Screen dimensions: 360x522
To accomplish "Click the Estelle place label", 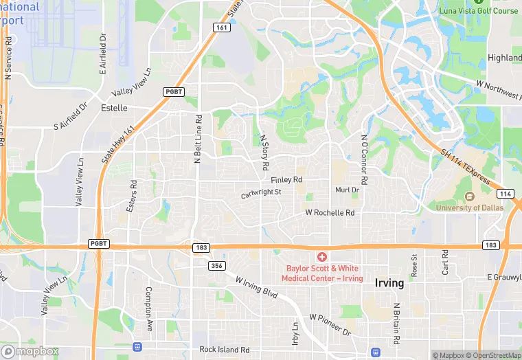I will point(114,108).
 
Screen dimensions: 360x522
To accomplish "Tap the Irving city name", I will point(389,283).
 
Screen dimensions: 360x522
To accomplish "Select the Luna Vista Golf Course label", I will point(479,11).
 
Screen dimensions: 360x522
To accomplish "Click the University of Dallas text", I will point(475,207).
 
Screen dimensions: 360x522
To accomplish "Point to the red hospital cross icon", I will point(322,256).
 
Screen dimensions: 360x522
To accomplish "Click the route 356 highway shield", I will point(218,265).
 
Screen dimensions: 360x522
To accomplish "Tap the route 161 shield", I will point(221,27).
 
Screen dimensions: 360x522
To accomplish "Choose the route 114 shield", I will point(505,194).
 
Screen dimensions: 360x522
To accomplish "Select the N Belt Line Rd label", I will point(197,139).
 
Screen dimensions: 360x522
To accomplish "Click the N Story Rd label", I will point(263,152).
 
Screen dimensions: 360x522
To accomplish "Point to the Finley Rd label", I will point(286,180).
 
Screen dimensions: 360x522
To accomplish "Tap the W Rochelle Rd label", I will point(330,213).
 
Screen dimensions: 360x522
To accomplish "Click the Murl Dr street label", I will point(347,190).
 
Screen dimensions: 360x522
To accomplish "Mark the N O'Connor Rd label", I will point(364,159).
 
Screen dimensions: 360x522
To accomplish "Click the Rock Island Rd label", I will point(224,350).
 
